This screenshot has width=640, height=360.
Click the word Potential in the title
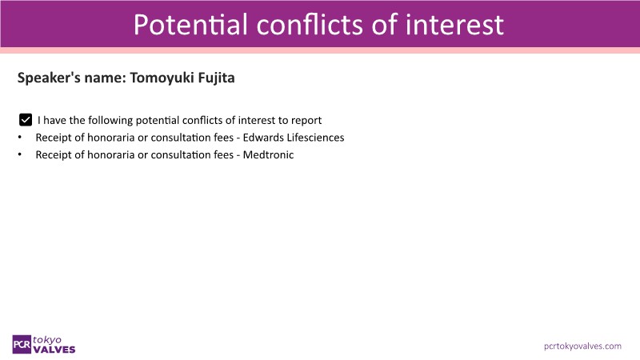190,25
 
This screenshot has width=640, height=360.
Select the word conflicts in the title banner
310,25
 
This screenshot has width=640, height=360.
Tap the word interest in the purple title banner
454,25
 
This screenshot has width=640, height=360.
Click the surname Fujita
216,78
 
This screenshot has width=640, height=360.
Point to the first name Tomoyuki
162,78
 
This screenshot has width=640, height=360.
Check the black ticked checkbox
26,120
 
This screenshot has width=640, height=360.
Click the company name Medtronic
268,154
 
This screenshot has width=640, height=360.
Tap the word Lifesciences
315,138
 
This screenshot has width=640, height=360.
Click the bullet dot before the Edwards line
19,138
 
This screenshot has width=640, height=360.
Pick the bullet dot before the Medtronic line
19,154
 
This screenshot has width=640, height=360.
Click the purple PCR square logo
22,345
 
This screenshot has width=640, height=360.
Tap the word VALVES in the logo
54,350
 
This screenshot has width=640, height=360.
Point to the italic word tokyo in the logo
47,339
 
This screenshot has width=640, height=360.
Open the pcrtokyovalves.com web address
583,346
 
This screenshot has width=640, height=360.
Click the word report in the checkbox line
306,121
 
